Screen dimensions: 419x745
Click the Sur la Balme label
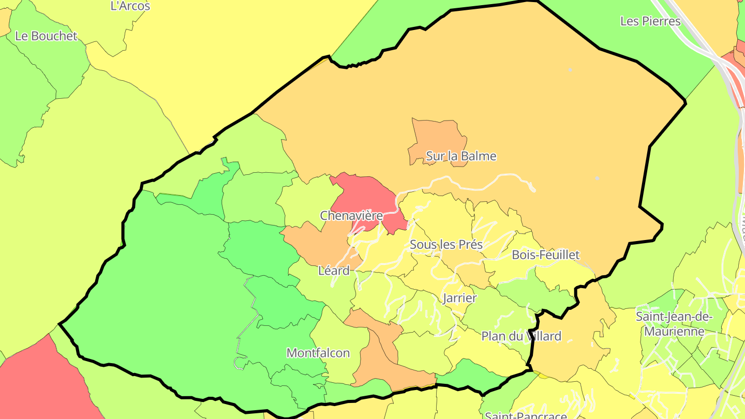tap(461, 156)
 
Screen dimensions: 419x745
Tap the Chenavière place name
tap(351, 215)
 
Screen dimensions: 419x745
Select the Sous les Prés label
tap(446, 244)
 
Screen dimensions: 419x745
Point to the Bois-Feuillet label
tap(545, 255)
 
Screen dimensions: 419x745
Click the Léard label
tap(334, 270)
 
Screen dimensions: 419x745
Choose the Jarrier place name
tap(459, 297)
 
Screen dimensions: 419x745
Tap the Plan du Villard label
tap(521, 336)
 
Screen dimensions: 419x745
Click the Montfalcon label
tap(318, 353)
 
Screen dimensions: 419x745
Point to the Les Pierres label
tap(650, 21)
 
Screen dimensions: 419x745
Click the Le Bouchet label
tap(46, 36)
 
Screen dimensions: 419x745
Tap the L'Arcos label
tap(130, 6)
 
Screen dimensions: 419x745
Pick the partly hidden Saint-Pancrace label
tap(526, 415)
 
